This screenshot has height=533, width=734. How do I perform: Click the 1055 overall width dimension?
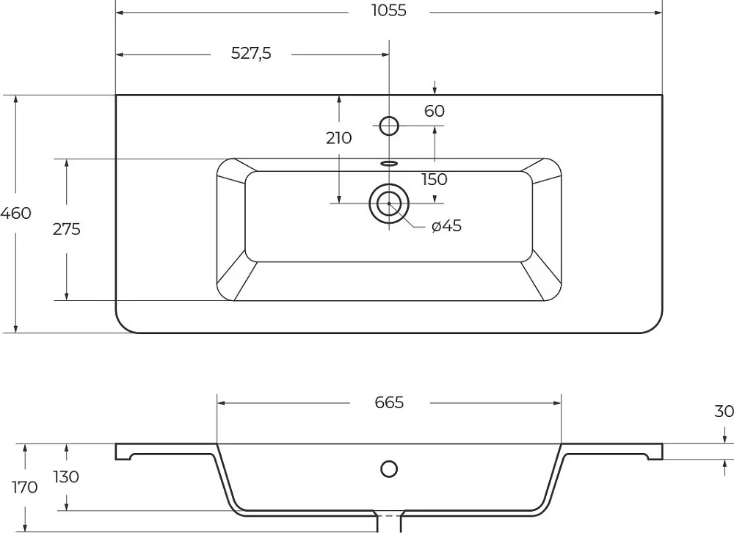pyautogui.click(x=389, y=11)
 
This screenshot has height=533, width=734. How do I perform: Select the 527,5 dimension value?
pyautogui.click(x=251, y=54)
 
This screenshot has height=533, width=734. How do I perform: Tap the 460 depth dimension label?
pyautogui.click(x=15, y=213)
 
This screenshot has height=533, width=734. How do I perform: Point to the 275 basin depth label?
pyautogui.click(x=67, y=230)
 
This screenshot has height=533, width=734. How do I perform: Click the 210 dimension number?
pyautogui.click(x=338, y=138)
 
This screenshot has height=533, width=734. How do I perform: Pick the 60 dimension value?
pyautogui.click(x=435, y=111)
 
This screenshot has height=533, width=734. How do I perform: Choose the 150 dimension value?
pyautogui.click(x=435, y=179)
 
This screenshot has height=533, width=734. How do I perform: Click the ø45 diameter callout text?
pyautogui.click(x=446, y=225)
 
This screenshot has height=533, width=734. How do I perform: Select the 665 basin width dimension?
pyautogui.click(x=389, y=402)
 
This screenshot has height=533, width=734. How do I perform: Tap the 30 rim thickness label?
pyautogui.click(x=724, y=411)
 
